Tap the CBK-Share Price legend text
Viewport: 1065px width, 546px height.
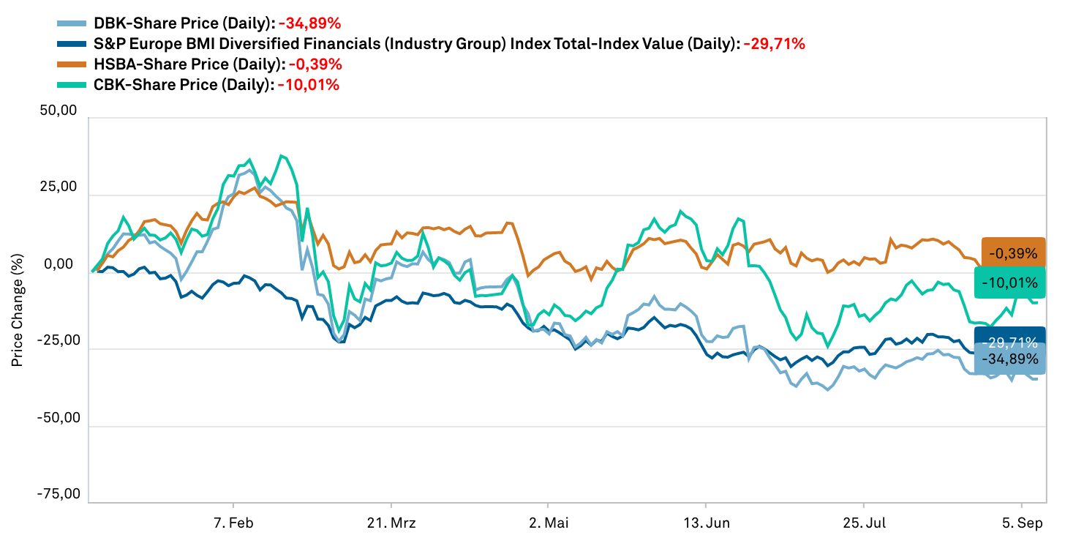[x=184, y=85]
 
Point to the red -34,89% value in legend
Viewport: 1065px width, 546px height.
[x=309, y=23]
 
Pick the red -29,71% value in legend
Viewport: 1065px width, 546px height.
[x=774, y=44]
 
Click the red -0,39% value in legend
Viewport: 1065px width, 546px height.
[x=310, y=64]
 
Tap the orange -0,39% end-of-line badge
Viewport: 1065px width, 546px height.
[x=1013, y=254]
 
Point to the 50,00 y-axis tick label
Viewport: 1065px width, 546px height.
[x=59, y=111]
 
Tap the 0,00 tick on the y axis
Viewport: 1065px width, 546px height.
[x=62, y=265]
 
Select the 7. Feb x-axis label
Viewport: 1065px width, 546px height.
[x=233, y=523]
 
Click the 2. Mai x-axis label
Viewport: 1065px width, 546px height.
[x=548, y=523]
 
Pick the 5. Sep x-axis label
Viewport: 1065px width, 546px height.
[x=1021, y=523]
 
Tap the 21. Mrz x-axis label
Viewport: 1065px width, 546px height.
[x=391, y=523]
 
